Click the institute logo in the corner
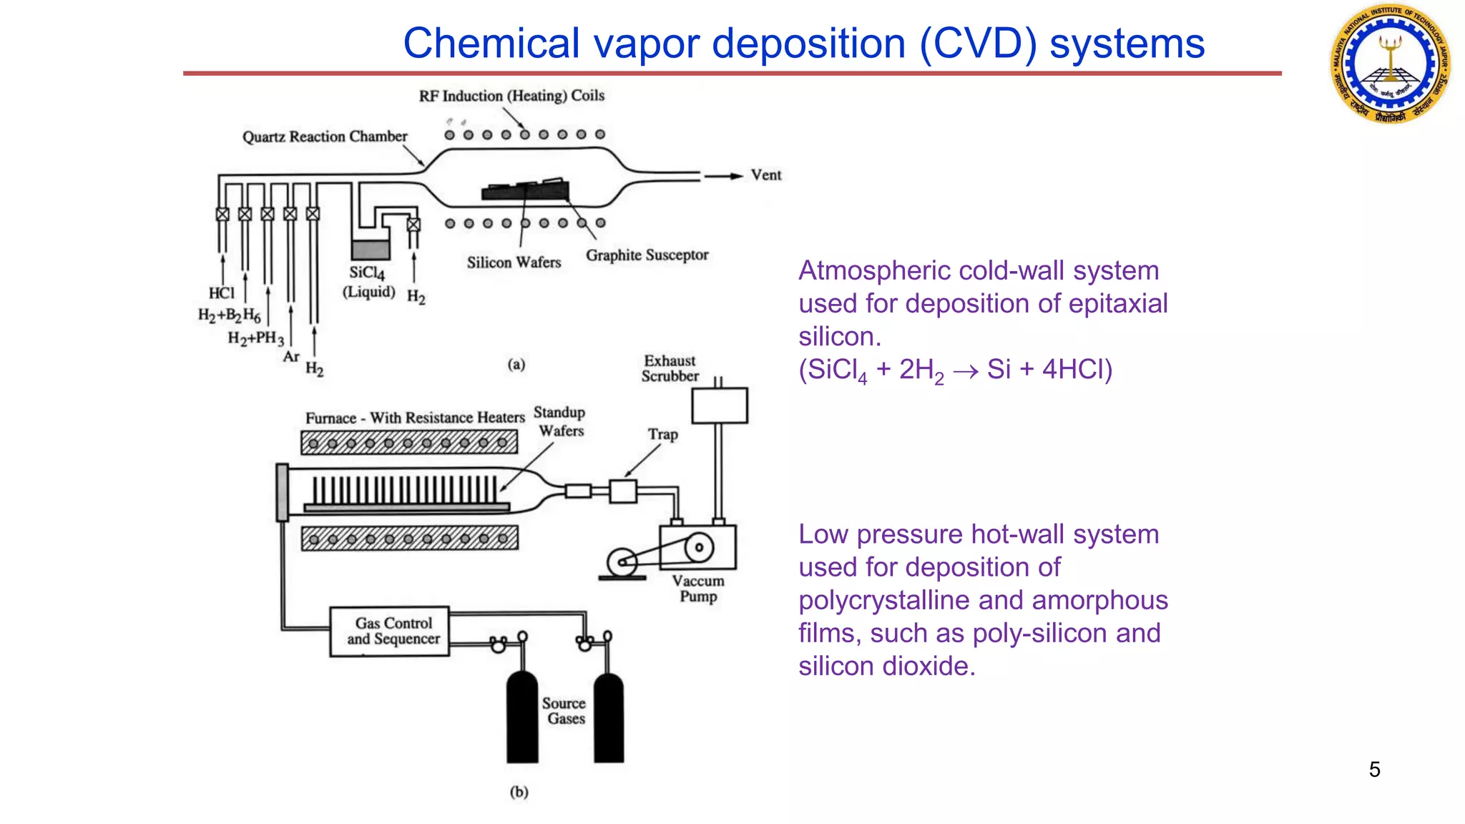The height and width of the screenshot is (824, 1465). [x=1390, y=63]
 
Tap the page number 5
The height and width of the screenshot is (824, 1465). [x=1374, y=770]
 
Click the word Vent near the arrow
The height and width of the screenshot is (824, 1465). [x=765, y=175]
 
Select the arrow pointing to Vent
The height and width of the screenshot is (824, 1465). [x=723, y=176]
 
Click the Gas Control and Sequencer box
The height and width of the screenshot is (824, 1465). [x=390, y=632]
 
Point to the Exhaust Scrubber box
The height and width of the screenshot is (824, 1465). [x=720, y=406]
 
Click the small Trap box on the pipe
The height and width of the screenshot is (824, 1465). [x=623, y=491]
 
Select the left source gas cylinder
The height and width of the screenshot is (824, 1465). [x=522, y=718]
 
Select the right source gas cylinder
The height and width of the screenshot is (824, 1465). [x=609, y=718]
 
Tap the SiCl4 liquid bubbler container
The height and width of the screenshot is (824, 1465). [x=371, y=248]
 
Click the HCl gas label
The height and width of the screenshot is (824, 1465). [x=221, y=293]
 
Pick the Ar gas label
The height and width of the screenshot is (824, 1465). [x=290, y=356]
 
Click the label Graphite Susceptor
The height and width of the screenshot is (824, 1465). [x=647, y=255]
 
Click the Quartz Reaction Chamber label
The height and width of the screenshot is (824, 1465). [x=324, y=137]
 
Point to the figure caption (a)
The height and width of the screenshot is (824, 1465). [x=516, y=365]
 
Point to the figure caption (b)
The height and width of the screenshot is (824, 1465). [x=519, y=792]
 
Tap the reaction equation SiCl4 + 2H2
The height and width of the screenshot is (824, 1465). [x=955, y=371]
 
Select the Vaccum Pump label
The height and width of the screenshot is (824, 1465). [x=698, y=589]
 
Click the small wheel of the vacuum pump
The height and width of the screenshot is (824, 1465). [x=622, y=561]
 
